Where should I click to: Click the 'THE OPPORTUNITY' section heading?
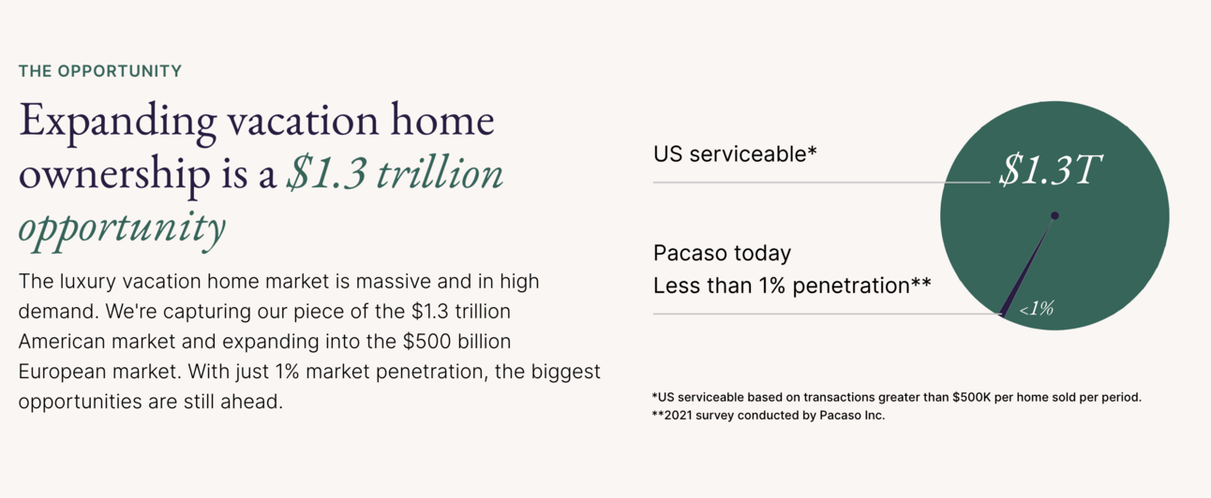(x=100, y=71)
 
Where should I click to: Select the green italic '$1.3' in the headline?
(x=326, y=173)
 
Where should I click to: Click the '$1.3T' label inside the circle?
(x=1050, y=169)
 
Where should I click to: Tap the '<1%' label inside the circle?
(x=1037, y=309)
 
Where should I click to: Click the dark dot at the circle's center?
(x=1054, y=216)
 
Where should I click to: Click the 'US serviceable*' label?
(x=735, y=154)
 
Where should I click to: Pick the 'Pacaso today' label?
(x=722, y=254)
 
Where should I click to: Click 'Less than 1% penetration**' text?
(x=792, y=286)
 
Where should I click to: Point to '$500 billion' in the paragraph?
(x=456, y=342)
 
